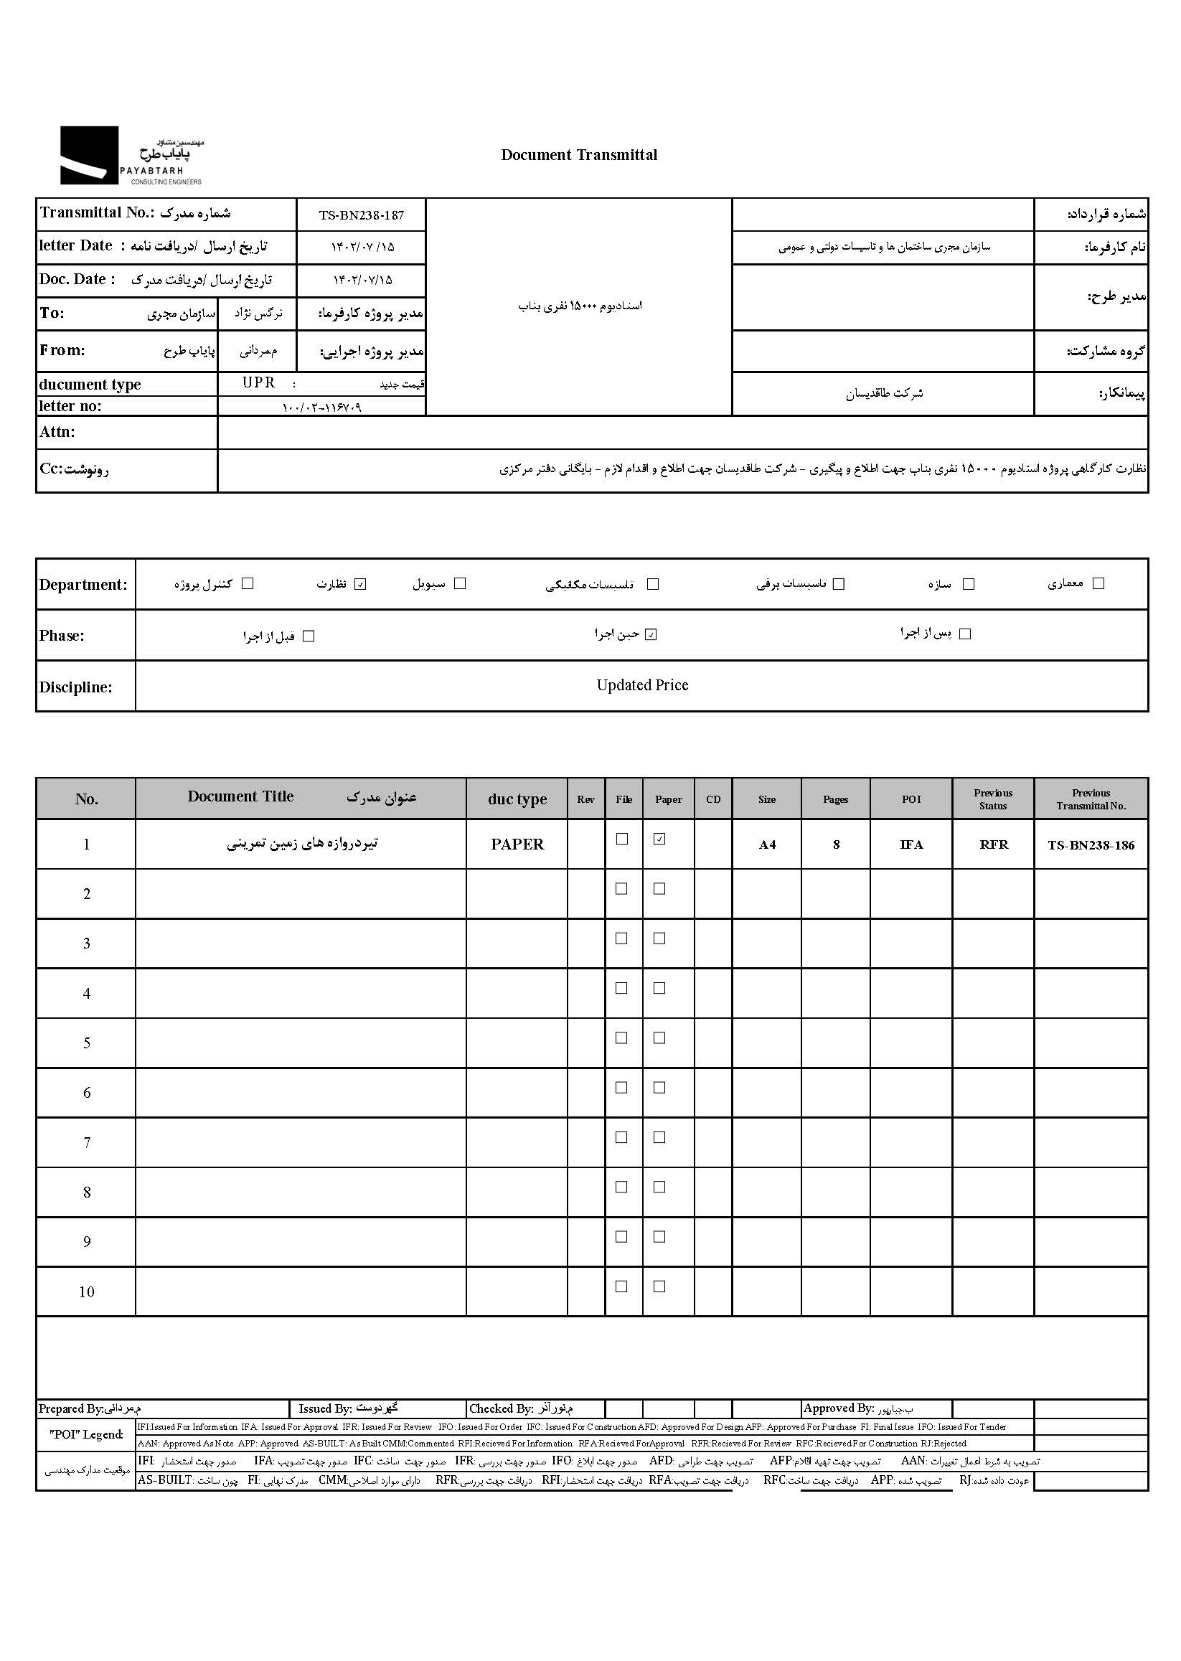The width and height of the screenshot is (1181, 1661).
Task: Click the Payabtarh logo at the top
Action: point(131,156)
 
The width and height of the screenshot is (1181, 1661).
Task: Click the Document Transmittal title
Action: point(579,155)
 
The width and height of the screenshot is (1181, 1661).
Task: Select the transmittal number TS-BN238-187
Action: point(361,215)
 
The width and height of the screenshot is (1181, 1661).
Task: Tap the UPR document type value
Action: point(259,383)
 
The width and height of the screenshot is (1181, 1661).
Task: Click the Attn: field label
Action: point(57,432)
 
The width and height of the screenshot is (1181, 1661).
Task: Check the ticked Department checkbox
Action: point(360,584)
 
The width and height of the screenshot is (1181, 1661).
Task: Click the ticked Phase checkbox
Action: point(651,634)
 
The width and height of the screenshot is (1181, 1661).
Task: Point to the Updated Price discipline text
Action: point(642,685)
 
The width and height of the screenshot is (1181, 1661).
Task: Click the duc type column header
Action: point(517,799)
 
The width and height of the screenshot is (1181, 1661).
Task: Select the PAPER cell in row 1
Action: point(517,844)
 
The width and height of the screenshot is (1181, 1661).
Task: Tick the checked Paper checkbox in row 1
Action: point(659,839)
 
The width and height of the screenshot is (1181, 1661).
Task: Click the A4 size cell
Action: point(767,844)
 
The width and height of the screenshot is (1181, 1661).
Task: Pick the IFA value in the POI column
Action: point(911,844)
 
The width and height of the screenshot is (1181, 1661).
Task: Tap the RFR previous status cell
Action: point(994,844)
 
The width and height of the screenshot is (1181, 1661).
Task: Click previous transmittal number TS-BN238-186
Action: point(1091,845)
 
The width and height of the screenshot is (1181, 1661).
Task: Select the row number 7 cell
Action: point(87,1142)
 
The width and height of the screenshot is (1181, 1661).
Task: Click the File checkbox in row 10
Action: point(622,1286)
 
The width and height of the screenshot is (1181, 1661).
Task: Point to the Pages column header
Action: point(836,799)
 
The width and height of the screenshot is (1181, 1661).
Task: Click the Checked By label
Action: point(501,1408)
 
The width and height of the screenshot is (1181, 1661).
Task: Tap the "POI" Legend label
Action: point(86,1434)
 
